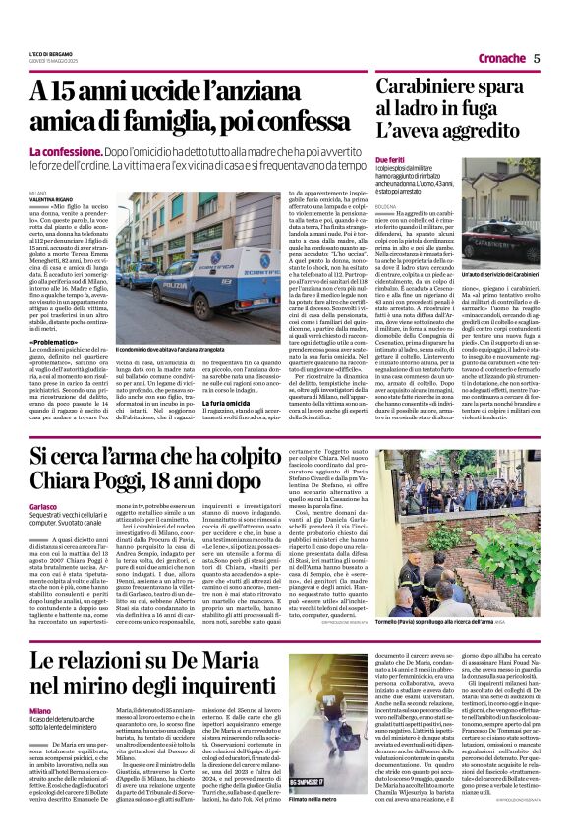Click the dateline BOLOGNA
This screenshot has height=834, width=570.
(387, 207)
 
